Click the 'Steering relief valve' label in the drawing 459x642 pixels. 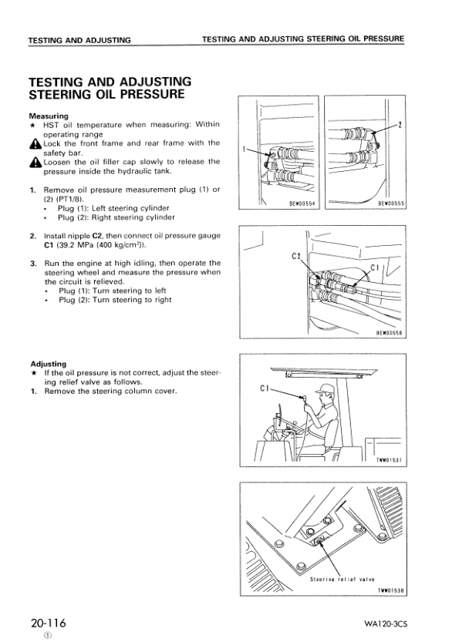[342, 578]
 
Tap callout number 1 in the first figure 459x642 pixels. [245, 149]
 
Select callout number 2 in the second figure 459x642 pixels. [400, 123]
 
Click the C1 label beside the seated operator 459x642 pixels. [259, 390]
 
